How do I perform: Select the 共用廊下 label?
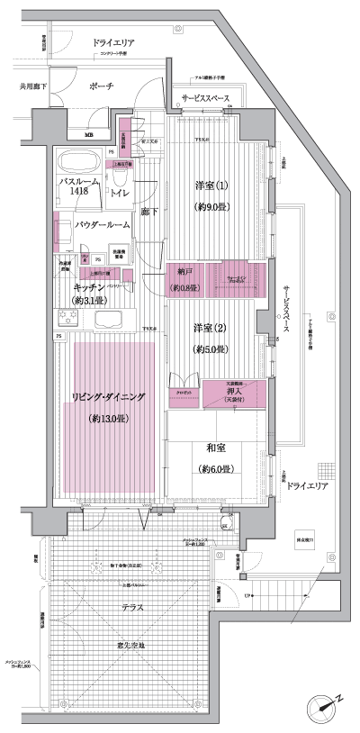[35, 86]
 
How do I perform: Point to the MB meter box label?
[88, 135]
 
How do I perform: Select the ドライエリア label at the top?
[115, 42]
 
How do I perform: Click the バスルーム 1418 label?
[74, 186]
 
